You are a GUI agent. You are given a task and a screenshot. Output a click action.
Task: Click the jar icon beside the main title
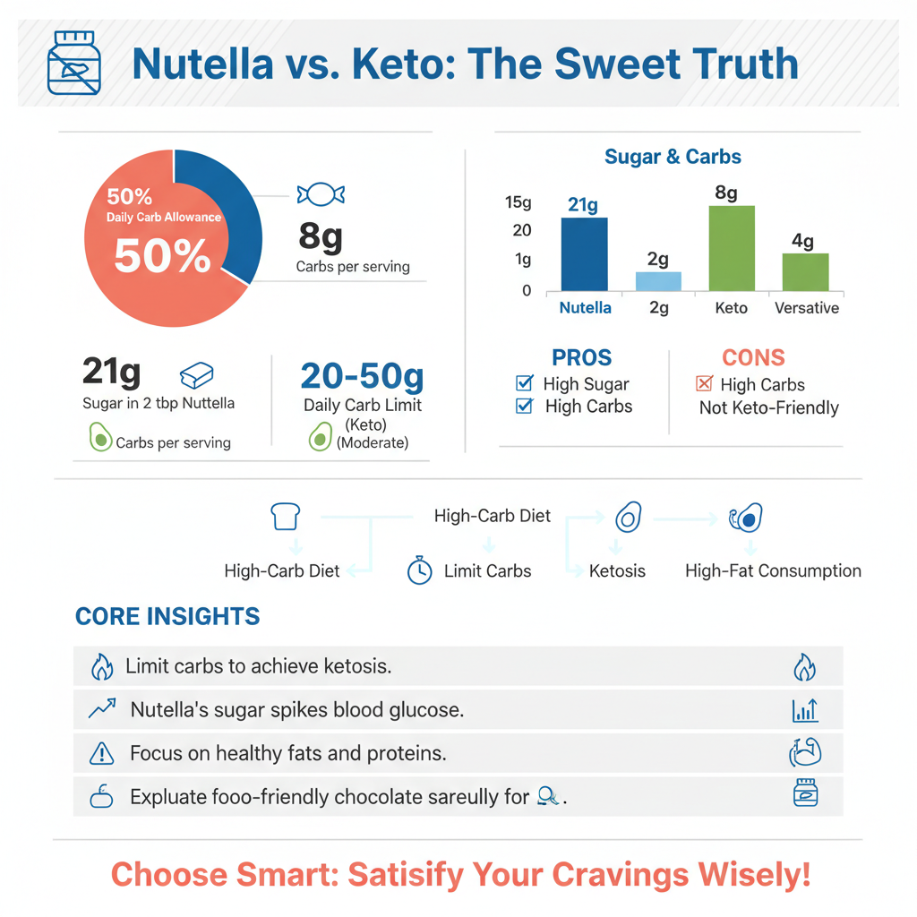point(73,63)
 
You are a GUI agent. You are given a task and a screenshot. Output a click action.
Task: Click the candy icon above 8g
point(321,194)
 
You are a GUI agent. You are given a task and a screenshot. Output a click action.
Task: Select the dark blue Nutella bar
point(584,254)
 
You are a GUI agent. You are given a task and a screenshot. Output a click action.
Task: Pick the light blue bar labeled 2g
point(658,281)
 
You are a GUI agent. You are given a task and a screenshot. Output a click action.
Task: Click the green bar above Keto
point(732,248)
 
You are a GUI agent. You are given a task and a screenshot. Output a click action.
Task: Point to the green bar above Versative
point(805,272)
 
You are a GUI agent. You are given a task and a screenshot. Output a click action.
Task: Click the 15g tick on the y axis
point(518,202)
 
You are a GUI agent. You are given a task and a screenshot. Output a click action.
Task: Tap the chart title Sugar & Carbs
point(673,157)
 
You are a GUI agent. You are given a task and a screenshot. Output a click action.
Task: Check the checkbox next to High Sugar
point(525,384)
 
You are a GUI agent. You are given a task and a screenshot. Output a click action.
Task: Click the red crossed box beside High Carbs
point(704,384)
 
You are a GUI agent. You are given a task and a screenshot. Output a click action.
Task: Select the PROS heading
point(581,357)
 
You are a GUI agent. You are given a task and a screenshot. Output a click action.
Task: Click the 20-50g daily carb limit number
point(362,377)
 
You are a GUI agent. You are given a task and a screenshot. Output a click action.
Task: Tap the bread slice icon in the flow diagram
point(285,517)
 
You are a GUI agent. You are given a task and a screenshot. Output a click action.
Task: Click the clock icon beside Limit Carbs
point(419,570)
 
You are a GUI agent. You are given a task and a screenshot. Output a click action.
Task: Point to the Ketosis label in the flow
point(617,570)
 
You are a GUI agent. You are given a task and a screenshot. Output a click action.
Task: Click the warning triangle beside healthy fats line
point(102,754)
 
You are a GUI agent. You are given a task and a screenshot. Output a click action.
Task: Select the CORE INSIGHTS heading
point(167,616)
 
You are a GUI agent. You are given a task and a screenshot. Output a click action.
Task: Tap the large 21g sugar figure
point(111,372)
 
